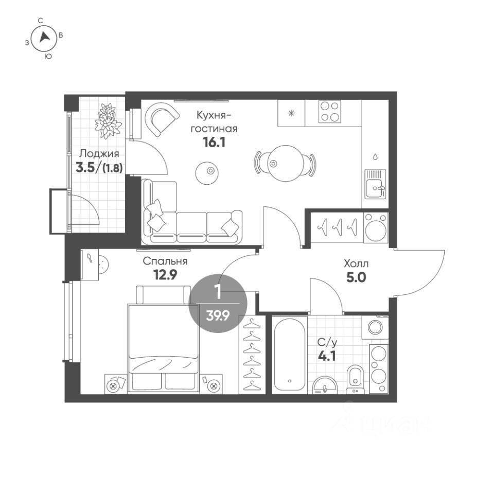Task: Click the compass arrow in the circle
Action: point(44,37)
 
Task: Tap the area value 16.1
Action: point(214,143)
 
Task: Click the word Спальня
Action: point(165,261)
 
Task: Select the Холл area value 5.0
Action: point(356,277)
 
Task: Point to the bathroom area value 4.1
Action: point(327,356)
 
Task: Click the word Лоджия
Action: point(99,154)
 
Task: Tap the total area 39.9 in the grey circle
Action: point(217,315)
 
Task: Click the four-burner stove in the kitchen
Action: point(329,112)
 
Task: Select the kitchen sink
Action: point(375,184)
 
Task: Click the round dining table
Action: point(286,163)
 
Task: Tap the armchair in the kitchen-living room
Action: point(162,119)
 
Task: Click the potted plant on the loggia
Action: point(108,121)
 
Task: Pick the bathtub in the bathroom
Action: point(290,355)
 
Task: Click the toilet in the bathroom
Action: point(355,380)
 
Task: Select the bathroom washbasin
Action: point(325,385)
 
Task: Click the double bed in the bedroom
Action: point(163,340)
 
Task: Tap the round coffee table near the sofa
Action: point(207,173)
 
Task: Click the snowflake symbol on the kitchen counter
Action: point(291,113)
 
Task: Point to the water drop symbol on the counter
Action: point(375,156)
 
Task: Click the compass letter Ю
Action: point(47,57)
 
